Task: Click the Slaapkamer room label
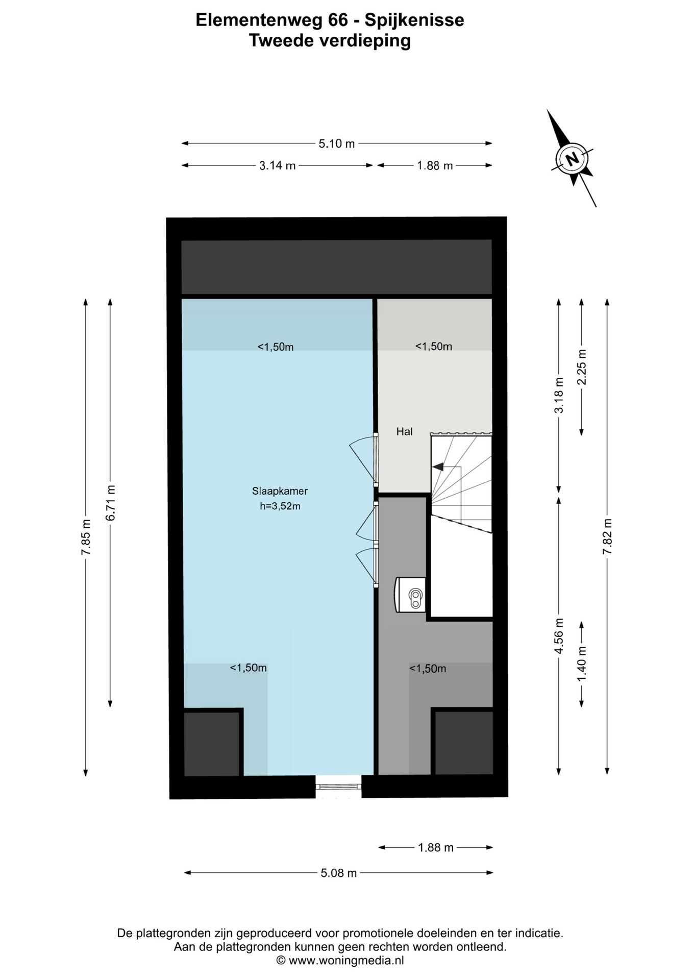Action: pos(280,491)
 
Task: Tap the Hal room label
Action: pos(404,432)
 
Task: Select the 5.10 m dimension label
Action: pos(336,144)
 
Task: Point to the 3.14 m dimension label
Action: pos(278,166)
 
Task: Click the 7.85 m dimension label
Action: pos(86,537)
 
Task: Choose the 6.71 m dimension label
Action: pos(111,502)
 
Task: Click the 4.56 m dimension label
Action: pos(559,635)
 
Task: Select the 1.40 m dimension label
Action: pos(582,664)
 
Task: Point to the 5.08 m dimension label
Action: pos(338,873)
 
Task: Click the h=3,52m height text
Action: pos(280,506)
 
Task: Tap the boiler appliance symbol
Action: pos(410,594)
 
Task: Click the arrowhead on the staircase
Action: pos(437,466)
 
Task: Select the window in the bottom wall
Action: pos(338,787)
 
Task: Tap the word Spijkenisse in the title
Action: pos(414,20)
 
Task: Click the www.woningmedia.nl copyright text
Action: pos(340,960)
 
